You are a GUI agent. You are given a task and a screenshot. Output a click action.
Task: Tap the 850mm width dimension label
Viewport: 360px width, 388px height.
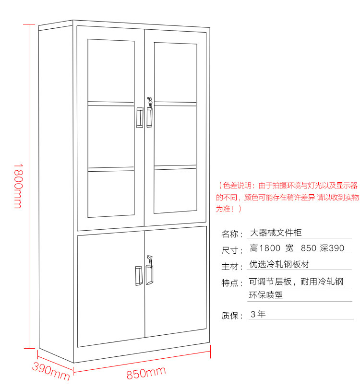tap(146, 373)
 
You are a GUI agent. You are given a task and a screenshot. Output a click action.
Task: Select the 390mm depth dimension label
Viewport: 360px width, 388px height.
tap(51, 371)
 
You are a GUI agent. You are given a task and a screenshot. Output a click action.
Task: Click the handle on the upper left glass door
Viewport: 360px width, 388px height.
tap(139, 118)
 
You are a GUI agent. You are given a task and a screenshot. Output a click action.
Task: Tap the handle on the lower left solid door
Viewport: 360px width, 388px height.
tap(138, 276)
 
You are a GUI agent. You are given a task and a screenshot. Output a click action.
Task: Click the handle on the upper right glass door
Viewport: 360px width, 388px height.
tap(150, 118)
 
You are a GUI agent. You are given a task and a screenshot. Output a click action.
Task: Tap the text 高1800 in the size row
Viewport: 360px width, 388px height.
tap(265, 248)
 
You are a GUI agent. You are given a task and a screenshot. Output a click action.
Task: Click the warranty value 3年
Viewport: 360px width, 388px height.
tap(258, 314)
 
